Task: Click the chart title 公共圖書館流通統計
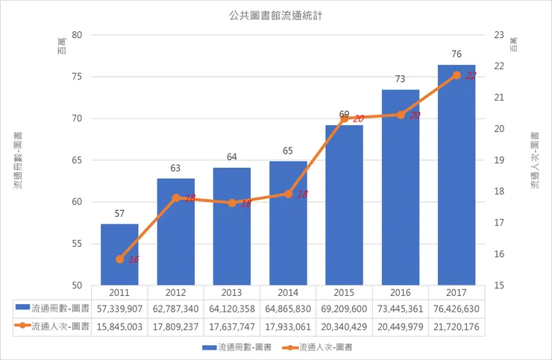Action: point(276,14)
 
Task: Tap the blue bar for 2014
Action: point(288,224)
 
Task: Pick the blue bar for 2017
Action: point(457,175)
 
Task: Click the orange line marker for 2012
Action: point(176,198)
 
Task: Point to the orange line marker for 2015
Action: point(344,119)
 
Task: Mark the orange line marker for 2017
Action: point(457,75)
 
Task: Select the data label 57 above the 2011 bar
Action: point(119,214)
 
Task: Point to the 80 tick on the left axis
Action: point(77,35)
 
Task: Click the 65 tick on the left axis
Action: point(77,160)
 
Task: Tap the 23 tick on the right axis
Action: point(499,35)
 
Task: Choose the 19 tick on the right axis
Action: point(499,160)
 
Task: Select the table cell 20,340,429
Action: point(344,326)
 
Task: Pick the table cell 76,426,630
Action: point(457,307)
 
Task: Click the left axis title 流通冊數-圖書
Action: point(17,160)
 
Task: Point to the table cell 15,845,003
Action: point(119,326)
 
